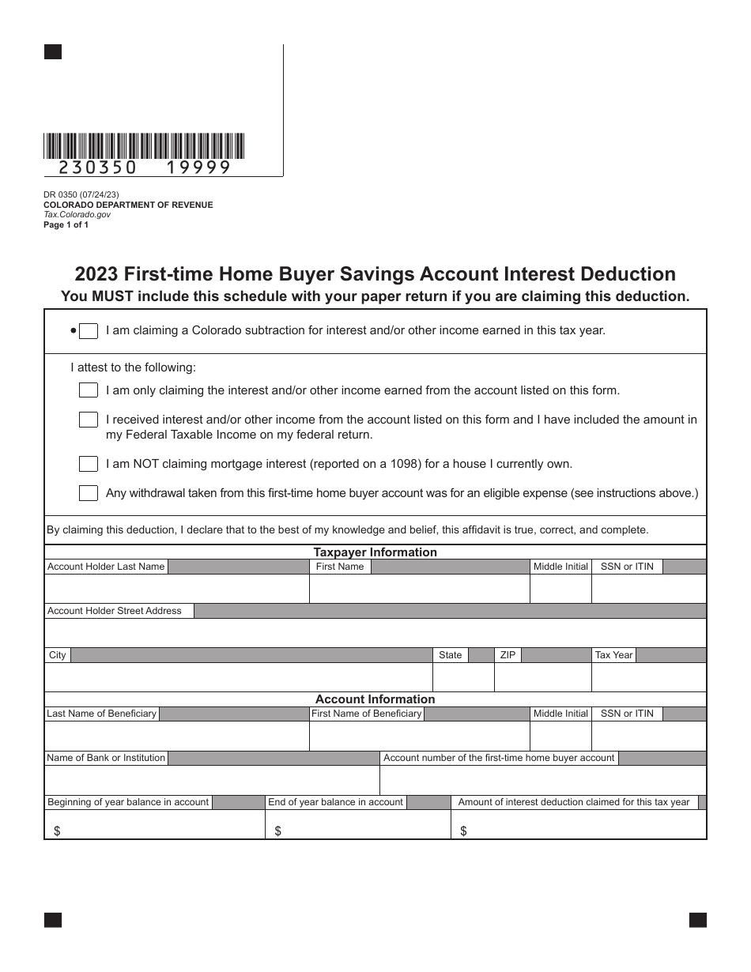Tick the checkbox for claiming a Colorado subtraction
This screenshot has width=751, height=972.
tap(89, 331)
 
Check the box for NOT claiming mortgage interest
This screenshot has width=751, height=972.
tap(89, 464)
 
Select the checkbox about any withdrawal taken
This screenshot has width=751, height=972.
tap(89, 493)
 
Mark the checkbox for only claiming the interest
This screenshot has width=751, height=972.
tap(89, 390)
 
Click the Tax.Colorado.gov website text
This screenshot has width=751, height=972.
tap(77, 214)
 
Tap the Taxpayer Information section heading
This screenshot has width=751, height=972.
tap(375, 552)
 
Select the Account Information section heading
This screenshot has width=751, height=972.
tap(375, 699)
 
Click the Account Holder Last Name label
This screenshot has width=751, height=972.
tap(106, 567)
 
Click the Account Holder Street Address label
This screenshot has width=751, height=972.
tap(115, 611)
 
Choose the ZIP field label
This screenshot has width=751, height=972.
tap(508, 655)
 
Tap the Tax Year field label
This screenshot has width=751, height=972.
tap(613, 655)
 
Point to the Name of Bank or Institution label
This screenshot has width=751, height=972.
tap(106, 758)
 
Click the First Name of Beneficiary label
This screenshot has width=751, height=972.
tap(366, 714)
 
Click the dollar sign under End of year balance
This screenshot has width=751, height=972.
tap(277, 831)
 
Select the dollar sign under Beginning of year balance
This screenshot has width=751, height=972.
tap(57, 831)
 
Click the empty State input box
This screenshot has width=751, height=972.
tap(462, 677)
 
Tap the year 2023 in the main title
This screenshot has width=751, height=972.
tap(97, 274)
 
